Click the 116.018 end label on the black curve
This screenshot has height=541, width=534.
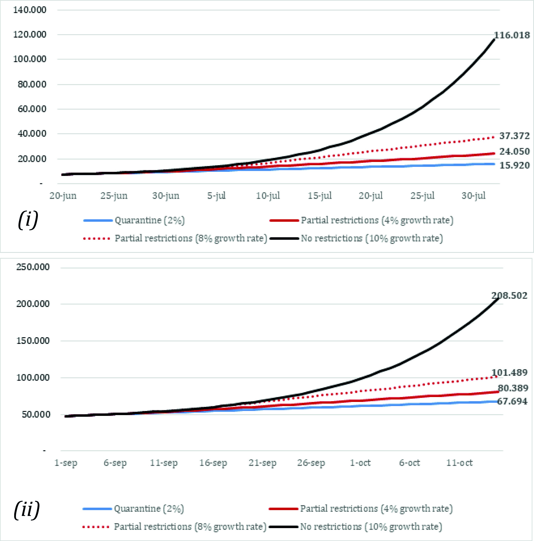pyautogui.click(x=512, y=35)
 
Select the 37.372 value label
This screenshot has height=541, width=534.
pyautogui.click(x=514, y=136)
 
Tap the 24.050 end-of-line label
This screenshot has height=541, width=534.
pyautogui.click(x=514, y=151)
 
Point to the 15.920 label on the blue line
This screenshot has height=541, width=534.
pyautogui.click(x=514, y=165)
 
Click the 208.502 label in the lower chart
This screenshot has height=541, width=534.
pyautogui.click(x=509, y=296)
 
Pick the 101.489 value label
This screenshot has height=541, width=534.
pyautogui.click(x=509, y=373)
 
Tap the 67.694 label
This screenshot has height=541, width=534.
pyautogui.click(x=512, y=401)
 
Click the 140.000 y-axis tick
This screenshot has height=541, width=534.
pyautogui.click(x=30, y=10)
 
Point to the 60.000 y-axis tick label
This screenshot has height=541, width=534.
pyautogui.click(x=32, y=109)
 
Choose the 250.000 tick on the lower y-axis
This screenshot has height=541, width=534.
pyautogui.click(x=33, y=267)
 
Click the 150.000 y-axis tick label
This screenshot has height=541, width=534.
pyautogui.click(x=33, y=341)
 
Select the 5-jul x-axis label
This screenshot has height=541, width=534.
pyautogui.click(x=216, y=196)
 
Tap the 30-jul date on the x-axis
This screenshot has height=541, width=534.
pyautogui.click(x=473, y=196)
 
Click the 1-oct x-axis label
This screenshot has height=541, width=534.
pyautogui.click(x=360, y=463)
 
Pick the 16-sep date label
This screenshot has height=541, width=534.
pyautogui.click(x=213, y=463)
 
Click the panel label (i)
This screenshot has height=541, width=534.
pyautogui.click(x=28, y=220)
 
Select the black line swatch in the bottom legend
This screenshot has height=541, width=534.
pyautogui.click(x=284, y=527)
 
